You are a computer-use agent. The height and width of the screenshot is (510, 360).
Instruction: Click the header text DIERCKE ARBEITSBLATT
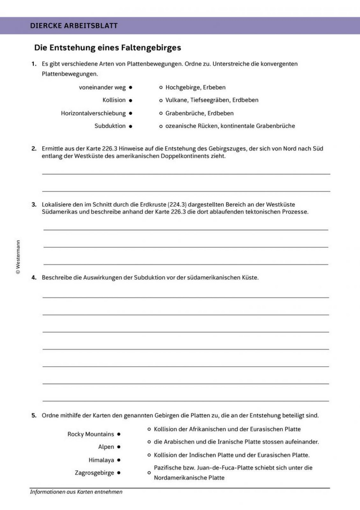coord(74,26)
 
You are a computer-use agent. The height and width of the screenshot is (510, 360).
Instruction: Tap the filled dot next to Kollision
coord(131,100)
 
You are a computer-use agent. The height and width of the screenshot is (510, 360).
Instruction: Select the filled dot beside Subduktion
coord(131,126)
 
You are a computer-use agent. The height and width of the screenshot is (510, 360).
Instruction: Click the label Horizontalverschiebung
coord(93,113)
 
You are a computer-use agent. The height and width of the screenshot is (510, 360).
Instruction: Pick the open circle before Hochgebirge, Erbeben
coord(161,88)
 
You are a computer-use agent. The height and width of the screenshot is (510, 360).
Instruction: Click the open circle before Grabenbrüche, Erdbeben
coord(161,113)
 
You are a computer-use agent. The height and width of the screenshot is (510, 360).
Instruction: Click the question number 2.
coord(34,148)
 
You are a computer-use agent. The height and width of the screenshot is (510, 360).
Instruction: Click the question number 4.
coord(34,278)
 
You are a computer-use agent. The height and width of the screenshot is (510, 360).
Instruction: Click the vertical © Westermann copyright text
coord(18,257)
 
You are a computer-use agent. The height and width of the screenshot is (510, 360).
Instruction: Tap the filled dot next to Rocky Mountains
coord(119,434)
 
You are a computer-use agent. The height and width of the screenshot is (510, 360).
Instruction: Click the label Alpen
coord(106,447)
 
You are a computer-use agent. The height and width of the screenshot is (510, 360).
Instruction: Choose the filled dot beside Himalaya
coord(119,460)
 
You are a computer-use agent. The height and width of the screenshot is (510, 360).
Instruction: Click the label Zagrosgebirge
coord(94,473)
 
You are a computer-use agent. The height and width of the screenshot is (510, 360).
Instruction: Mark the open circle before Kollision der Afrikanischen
coord(149,429)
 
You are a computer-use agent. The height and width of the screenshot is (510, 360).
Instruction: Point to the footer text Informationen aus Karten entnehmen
coord(76,492)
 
